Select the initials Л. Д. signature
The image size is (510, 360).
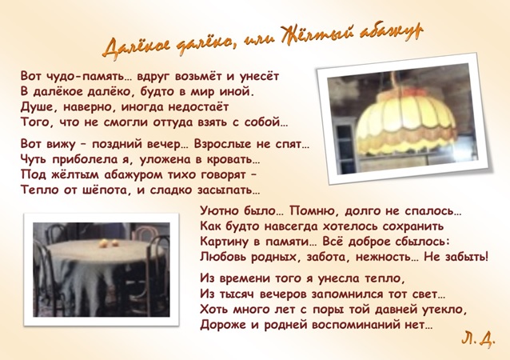coord(478,339)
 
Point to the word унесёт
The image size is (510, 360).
coord(257,76)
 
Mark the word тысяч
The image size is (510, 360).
coord(238,294)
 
